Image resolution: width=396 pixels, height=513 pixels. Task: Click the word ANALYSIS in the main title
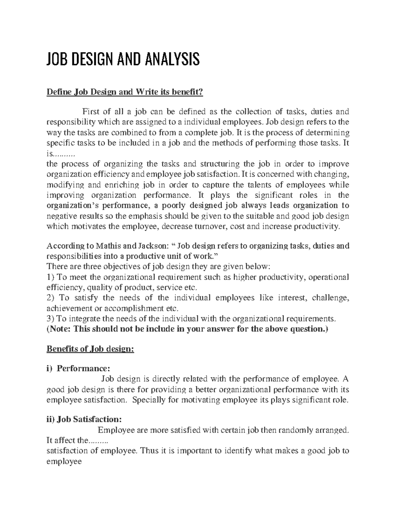pyautogui.click(x=166, y=60)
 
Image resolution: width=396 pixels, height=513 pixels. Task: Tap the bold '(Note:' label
pyautogui.click(x=59, y=329)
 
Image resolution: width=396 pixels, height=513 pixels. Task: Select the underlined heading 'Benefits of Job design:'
pyautogui.click(x=90, y=349)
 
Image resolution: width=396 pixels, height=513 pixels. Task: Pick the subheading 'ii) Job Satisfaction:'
pyautogui.click(x=84, y=420)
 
